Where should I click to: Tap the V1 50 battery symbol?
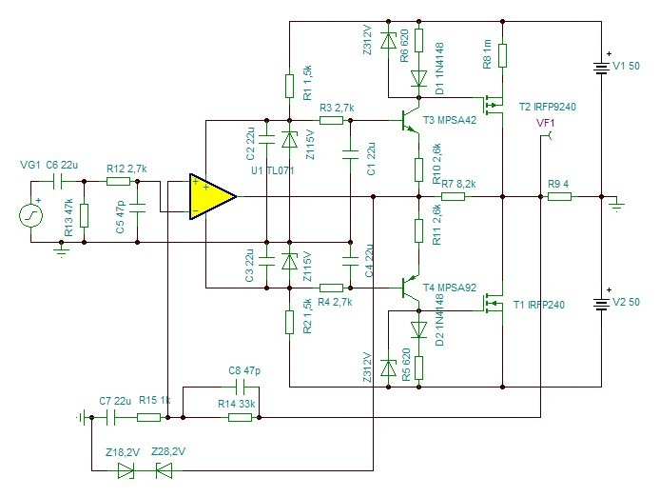[x=601, y=67]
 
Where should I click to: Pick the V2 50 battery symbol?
[x=601, y=302]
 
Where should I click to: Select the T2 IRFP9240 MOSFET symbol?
[x=493, y=104]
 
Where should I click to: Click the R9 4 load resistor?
[x=559, y=196]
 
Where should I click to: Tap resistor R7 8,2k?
[x=453, y=196]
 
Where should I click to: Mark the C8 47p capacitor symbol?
[x=240, y=387]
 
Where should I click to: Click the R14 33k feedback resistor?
[x=240, y=417]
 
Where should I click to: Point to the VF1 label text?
[x=546, y=123]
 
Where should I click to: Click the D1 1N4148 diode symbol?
[x=418, y=79]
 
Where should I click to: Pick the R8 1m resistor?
[x=503, y=55]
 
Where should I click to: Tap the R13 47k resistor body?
[x=84, y=216]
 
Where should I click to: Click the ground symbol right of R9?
[x=616, y=205]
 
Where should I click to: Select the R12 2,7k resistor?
[x=118, y=182]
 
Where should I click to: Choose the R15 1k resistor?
[x=148, y=417]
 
